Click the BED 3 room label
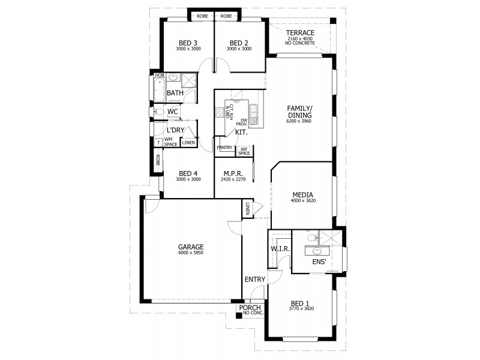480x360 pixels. (x=188, y=43)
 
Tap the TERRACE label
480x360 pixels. (x=300, y=32)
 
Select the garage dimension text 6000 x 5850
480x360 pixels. (x=191, y=254)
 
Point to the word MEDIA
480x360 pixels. (x=302, y=194)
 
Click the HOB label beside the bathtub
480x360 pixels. (x=159, y=76)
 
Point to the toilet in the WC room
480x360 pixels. (x=160, y=112)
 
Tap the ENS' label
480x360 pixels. (x=317, y=262)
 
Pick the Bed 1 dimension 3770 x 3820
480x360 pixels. (x=301, y=308)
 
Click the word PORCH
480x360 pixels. (x=249, y=308)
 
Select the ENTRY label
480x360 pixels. (x=254, y=280)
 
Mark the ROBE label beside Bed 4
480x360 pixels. (x=158, y=160)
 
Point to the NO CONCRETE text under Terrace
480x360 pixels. (x=300, y=43)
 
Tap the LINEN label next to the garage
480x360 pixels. (x=247, y=208)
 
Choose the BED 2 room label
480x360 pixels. (x=238, y=43)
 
